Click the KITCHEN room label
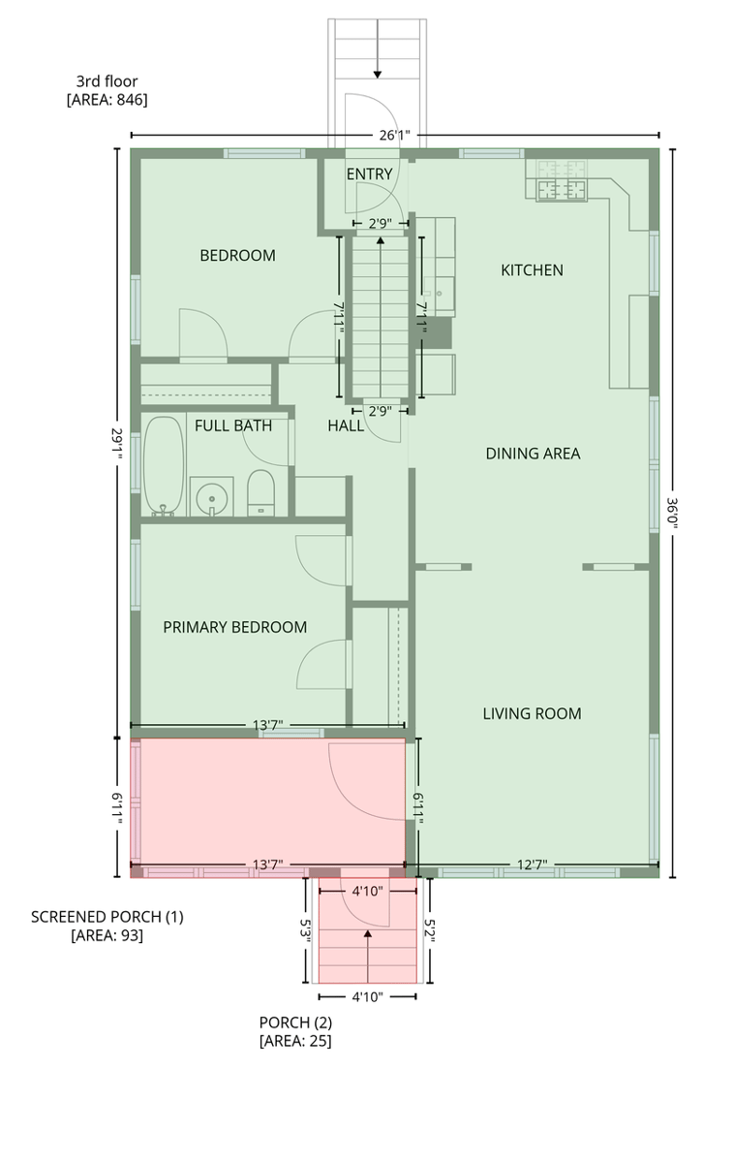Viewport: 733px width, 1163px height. point(532,270)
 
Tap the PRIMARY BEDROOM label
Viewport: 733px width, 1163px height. point(235,627)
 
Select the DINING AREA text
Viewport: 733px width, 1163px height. point(533,454)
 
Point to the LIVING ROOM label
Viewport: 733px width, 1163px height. point(532,713)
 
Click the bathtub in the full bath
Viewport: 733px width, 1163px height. point(164,466)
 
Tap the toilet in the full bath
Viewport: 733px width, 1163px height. point(260,492)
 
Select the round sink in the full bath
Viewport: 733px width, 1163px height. point(212,498)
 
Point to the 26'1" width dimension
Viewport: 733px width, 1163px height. point(394,136)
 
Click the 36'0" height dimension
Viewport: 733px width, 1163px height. point(672,513)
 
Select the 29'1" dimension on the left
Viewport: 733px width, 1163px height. point(117,444)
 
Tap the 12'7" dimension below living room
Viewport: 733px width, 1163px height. point(533,864)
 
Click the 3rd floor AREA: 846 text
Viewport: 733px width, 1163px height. point(107,90)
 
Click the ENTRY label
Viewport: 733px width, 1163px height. point(369,173)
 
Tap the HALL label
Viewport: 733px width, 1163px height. point(346,425)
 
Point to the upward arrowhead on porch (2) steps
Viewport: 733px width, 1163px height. point(368,933)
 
